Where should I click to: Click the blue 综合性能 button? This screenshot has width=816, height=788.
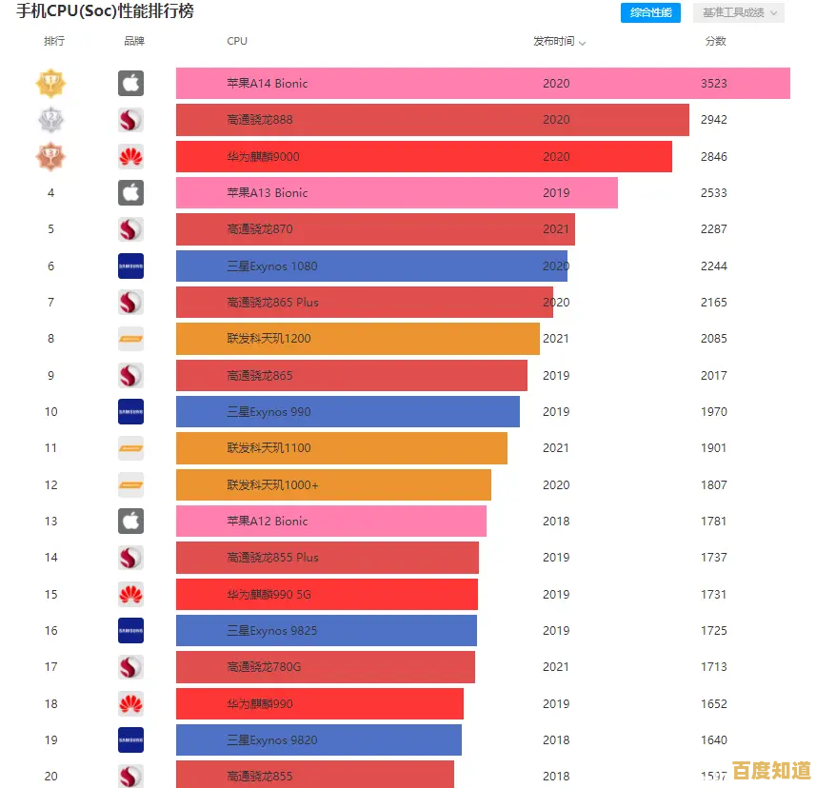coord(651,12)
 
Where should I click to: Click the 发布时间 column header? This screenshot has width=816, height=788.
coord(559,41)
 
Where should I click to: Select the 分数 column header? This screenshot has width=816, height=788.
coord(715,41)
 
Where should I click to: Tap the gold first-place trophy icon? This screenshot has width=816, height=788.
coord(50,83)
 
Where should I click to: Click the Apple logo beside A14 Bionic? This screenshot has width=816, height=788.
coord(130,83)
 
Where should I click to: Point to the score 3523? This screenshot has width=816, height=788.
coord(713,83)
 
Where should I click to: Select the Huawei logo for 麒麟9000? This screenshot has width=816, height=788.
coord(130,156)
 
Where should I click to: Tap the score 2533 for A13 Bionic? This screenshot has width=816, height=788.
coord(713,192)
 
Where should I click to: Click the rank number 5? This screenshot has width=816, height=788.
coord(50,229)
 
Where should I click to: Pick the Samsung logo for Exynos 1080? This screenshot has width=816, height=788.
coord(130,266)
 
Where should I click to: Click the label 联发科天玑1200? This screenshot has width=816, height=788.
coord(269,339)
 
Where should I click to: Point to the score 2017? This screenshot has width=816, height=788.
coord(713,375)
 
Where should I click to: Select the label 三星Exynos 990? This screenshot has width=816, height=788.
coord(269,412)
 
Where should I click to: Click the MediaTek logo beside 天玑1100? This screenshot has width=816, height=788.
coord(130,448)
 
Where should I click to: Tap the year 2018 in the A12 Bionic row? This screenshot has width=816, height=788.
coord(556,521)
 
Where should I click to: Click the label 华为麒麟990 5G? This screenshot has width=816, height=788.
coord(269,594)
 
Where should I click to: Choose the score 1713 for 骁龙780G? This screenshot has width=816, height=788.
coord(713,667)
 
